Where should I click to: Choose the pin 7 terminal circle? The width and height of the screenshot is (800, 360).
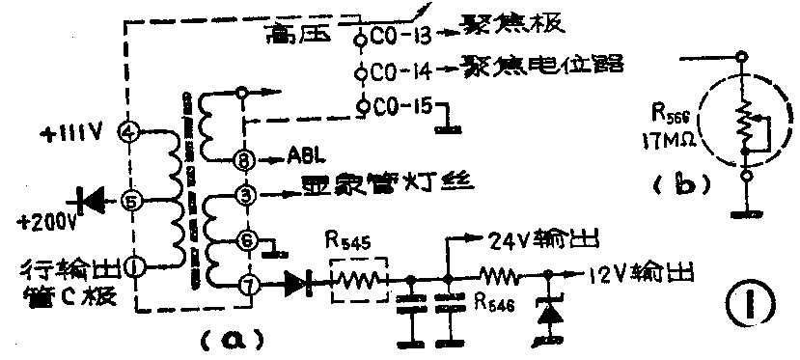click(247, 286)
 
